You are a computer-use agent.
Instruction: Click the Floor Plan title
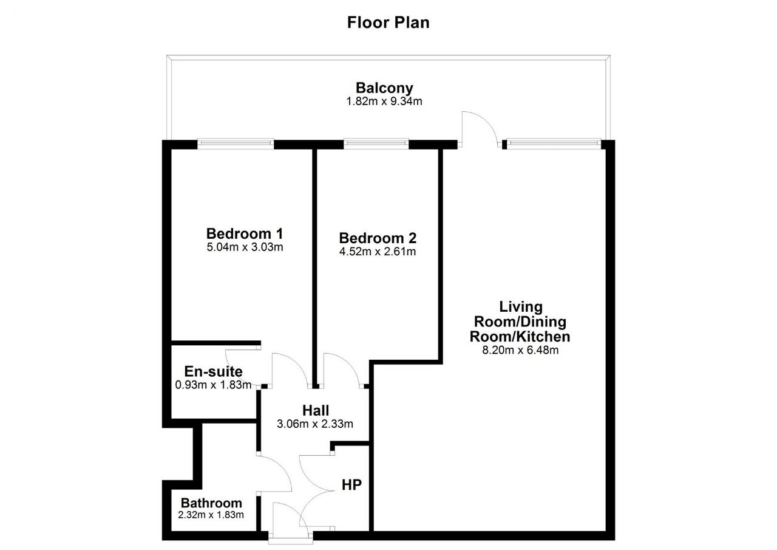click(388, 22)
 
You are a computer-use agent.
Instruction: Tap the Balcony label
click(384, 88)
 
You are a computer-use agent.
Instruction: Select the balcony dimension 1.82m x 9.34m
click(384, 101)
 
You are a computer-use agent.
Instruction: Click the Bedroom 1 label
click(245, 233)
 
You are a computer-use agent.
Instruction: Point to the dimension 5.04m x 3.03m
click(245, 247)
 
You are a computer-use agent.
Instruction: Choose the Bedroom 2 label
click(378, 238)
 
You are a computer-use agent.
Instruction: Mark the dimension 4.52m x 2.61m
click(378, 252)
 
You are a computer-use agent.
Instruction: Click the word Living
click(521, 307)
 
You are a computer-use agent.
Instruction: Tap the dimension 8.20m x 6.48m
click(520, 350)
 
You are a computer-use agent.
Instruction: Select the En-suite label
click(213, 371)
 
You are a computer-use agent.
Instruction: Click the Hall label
click(316, 410)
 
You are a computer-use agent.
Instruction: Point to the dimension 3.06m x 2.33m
click(315, 424)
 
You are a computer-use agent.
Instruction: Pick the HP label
click(351, 485)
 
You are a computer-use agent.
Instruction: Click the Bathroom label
click(211, 503)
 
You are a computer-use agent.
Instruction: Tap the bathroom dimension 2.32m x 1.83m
click(211, 515)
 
